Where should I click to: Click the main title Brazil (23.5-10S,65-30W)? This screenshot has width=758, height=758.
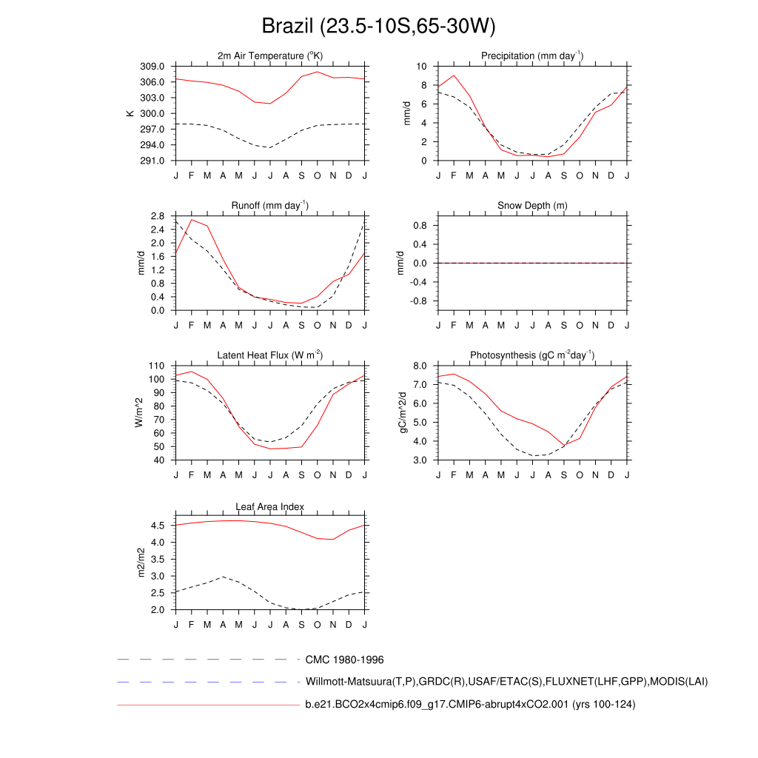pos(378,27)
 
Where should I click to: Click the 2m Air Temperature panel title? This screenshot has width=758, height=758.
pos(270,56)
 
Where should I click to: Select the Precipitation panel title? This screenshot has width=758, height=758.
pos(532,56)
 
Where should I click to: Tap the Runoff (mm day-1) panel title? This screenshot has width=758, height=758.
pos(270,206)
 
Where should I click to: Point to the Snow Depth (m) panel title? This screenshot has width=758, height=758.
pos(532,206)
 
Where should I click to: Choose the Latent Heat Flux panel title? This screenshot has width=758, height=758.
pos(270,355)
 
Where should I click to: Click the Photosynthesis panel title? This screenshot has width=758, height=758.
pos(532,355)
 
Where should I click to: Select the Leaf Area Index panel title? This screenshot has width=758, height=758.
pos(270,506)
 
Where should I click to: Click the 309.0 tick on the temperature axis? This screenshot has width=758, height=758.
pos(154,67)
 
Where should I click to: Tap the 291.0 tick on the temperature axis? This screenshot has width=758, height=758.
pos(154,161)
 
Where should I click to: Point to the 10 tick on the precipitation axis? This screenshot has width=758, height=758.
pos(423,67)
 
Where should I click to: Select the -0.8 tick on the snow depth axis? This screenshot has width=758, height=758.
pos(419,301)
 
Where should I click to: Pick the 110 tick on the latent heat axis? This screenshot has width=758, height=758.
pos(156,366)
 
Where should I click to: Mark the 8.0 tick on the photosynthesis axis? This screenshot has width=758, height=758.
pos(419,366)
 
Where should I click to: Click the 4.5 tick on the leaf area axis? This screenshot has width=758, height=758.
pos(158,526)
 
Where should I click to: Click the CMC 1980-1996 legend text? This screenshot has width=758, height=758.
pos(344,660)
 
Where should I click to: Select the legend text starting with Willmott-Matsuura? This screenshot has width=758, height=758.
pos(506,681)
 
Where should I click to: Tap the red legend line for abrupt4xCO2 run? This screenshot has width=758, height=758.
pos(207,705)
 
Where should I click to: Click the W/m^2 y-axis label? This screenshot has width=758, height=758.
pos(138,412)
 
